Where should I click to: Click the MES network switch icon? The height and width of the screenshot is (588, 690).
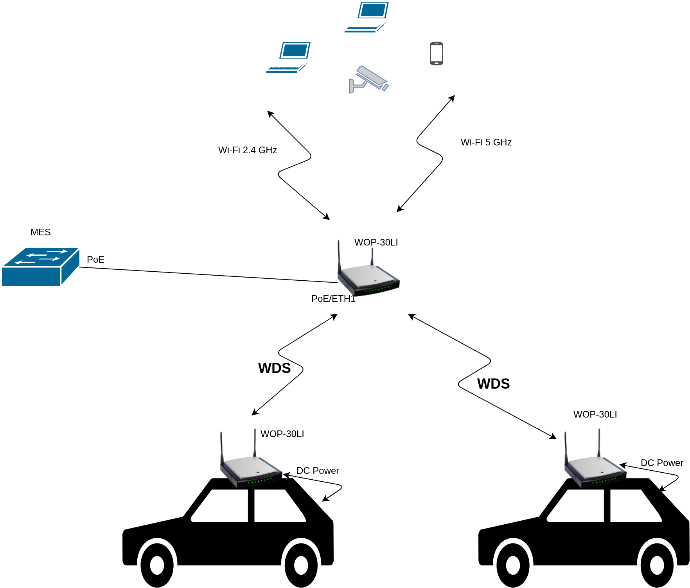tap(40, 267)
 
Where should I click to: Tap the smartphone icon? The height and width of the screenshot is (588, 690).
tap(436, 54)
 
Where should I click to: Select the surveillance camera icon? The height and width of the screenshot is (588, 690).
tap(368, 79)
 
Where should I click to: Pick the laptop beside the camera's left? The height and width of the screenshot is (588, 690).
tap(288, 57)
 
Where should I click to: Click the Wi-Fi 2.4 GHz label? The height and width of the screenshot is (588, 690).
tap(247, 150)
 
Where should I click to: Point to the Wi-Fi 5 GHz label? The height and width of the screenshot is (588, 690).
tap(486, 142)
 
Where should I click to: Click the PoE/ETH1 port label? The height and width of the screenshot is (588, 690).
tap(333, 299)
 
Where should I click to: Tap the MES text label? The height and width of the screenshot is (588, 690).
tap(41, 232)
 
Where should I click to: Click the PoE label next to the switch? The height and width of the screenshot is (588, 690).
tap(95, 260)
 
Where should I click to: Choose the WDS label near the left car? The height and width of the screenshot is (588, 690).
tap(274, 368)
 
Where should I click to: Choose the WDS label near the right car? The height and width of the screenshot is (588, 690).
tap(493, 384)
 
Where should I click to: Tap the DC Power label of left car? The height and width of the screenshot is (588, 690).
tap(318, 471)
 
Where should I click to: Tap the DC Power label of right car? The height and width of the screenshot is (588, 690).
tap(662, 463)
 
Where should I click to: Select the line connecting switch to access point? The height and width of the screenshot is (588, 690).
tap(207, 274)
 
